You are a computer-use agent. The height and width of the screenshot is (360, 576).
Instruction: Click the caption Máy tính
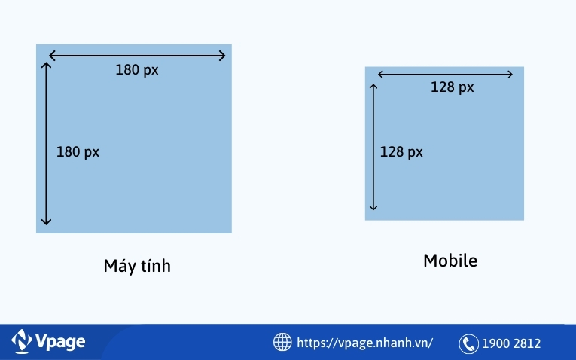click(137, 267)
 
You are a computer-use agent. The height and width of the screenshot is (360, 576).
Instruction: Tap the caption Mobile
click(450, 261)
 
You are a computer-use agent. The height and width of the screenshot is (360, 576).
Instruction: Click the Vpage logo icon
click(22, 342)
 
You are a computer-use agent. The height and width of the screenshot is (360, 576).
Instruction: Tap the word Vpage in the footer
click(60, 342)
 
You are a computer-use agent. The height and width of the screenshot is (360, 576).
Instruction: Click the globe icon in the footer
click(282, 343)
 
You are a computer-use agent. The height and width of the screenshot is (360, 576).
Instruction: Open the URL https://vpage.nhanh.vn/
click(365, 343)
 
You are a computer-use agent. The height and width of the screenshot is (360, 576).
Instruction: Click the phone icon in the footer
click(469, 343)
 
